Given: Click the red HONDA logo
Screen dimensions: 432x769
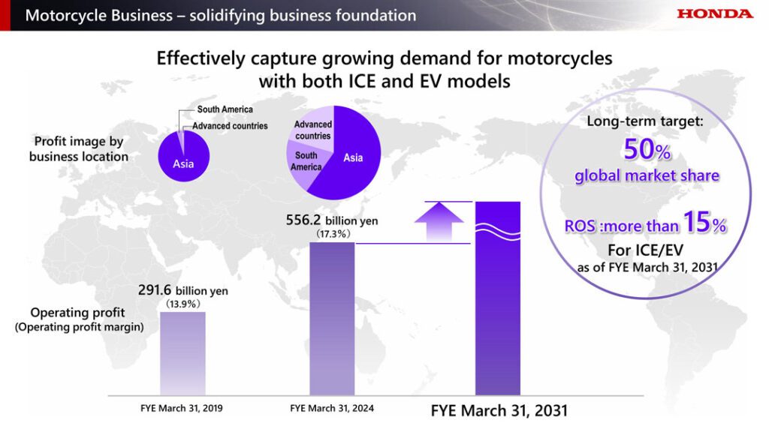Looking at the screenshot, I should pos(714,13).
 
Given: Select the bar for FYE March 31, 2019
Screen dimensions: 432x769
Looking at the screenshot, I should pos(182,352).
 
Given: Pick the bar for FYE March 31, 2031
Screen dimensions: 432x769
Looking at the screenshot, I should pos(498,300).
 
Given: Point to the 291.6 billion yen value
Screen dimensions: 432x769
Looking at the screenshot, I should pos(182,290).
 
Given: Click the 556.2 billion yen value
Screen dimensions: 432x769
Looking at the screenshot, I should pos(331,220).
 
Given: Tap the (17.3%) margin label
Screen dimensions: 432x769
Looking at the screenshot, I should pos(331,235).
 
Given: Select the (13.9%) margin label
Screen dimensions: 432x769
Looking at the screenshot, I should pos(182,304).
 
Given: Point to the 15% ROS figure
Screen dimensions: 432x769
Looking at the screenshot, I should pos(705,223).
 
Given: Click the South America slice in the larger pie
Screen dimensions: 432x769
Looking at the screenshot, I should pos(306,160).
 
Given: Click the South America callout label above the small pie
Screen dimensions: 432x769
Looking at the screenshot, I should pos(225,110).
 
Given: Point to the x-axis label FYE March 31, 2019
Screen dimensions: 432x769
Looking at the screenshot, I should pos(182,409).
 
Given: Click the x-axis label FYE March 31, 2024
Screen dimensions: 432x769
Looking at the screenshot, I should pos(331,409).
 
